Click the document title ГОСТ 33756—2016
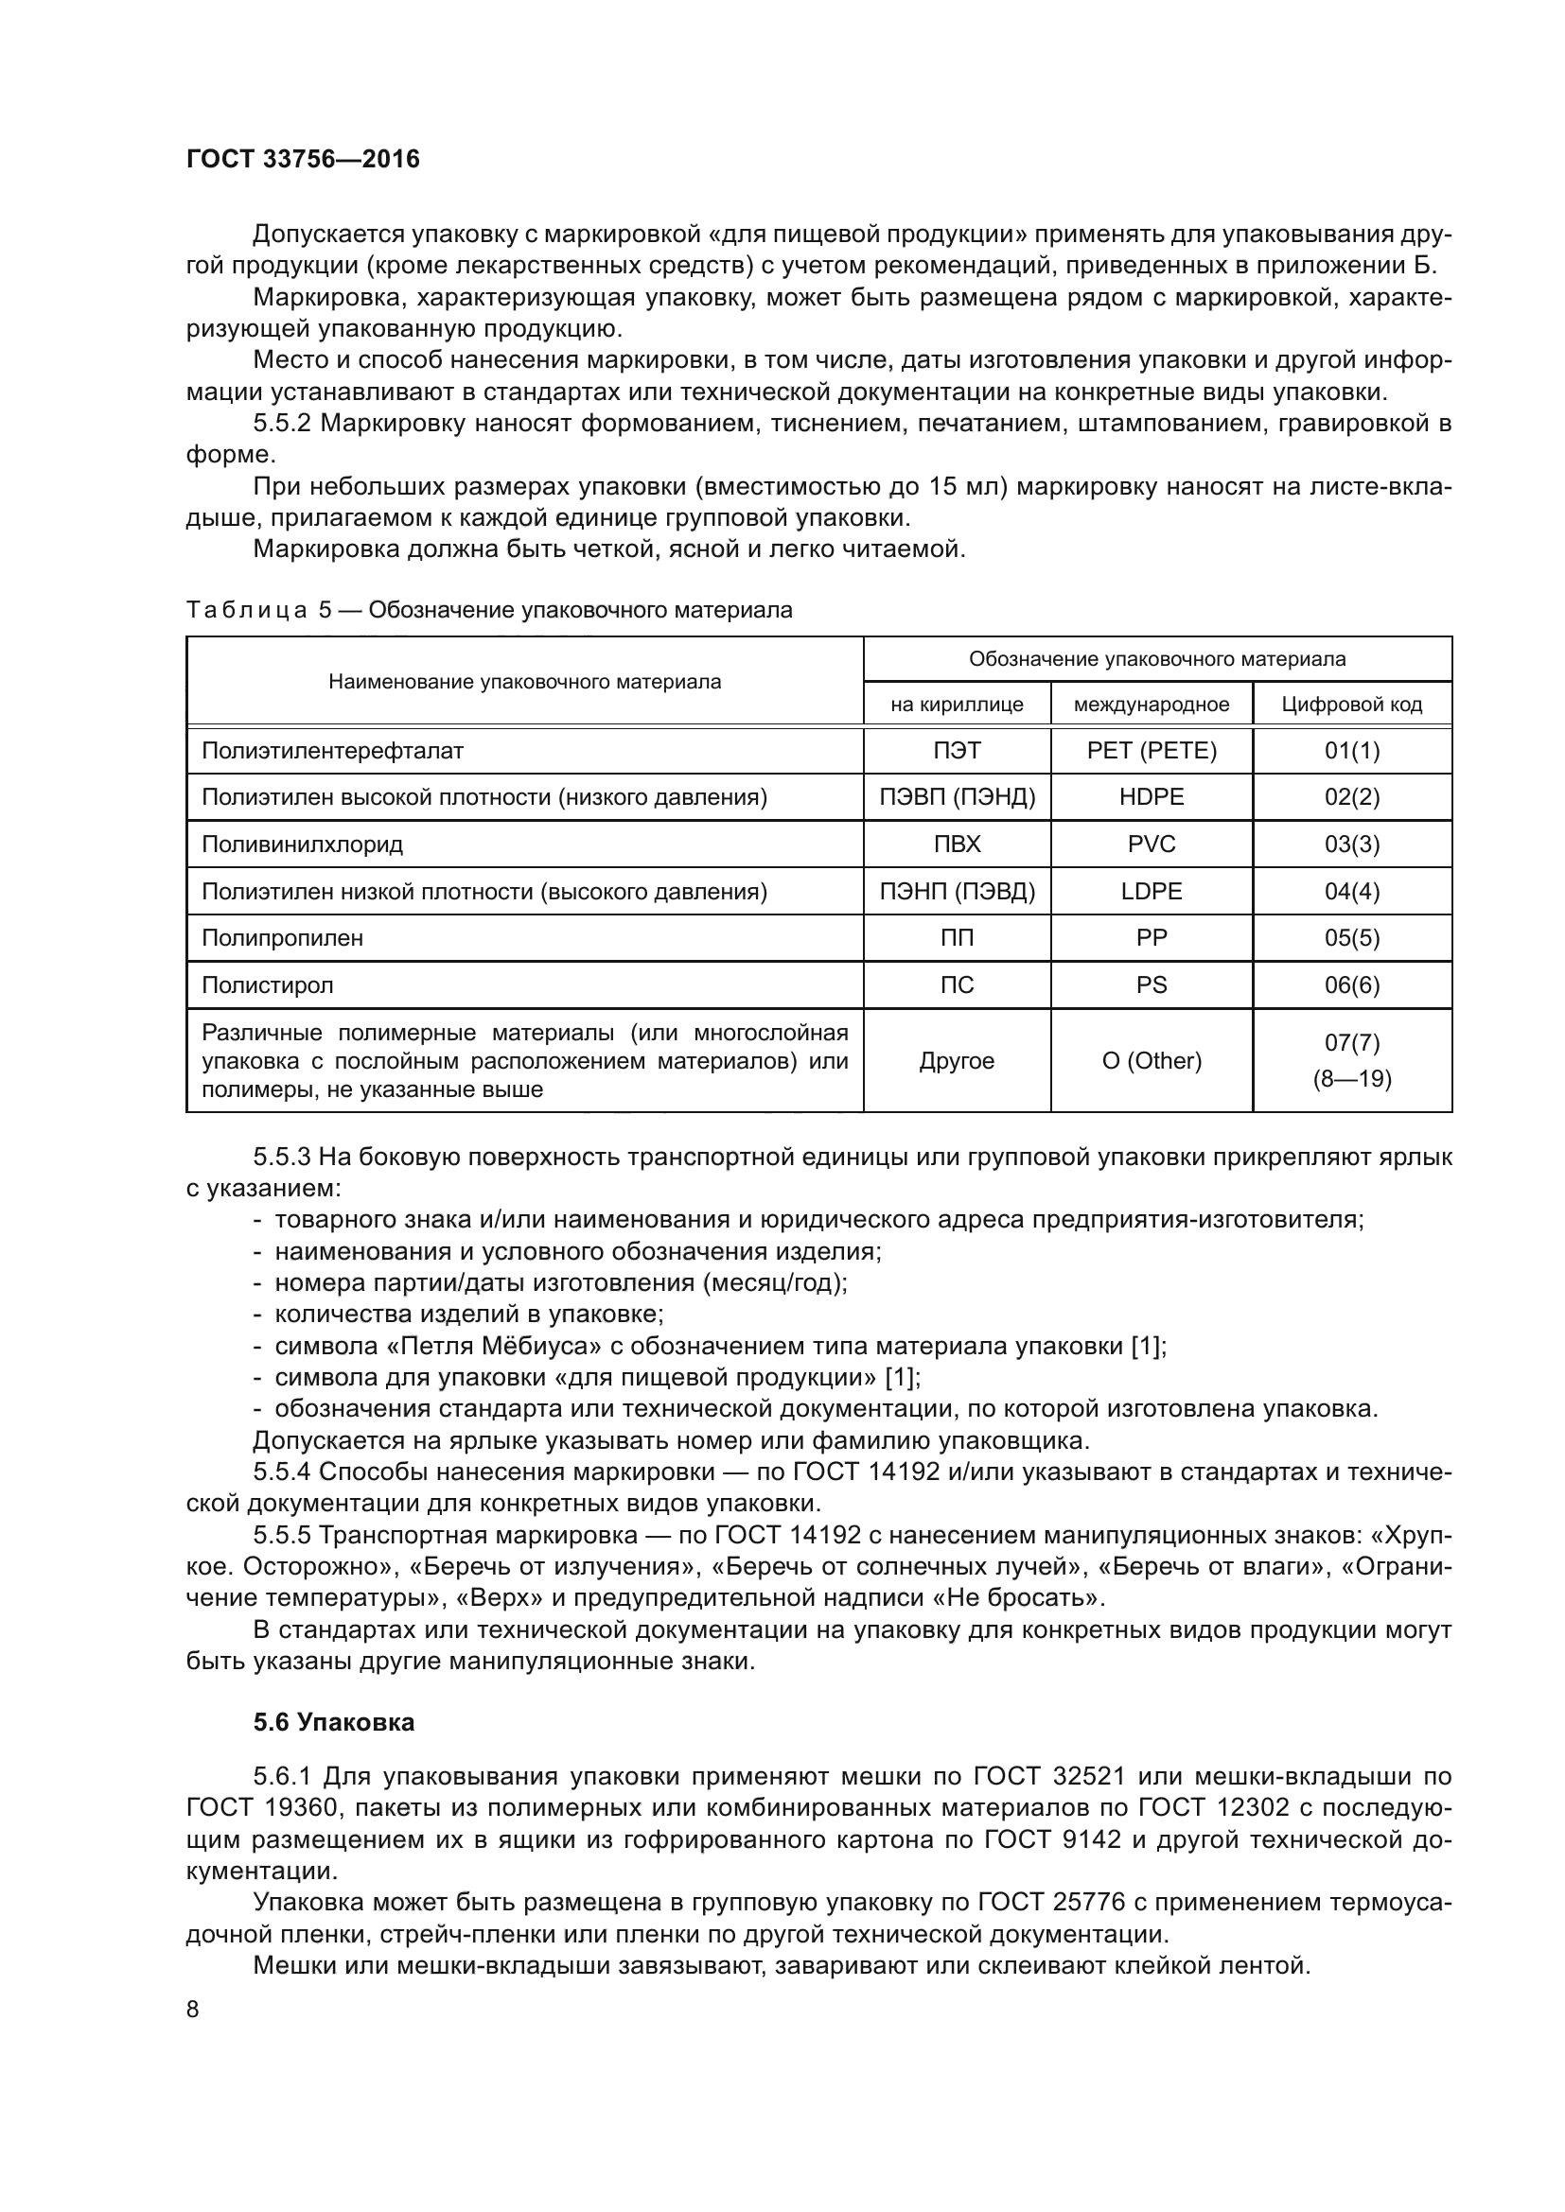pyautogui.click(x=303, y=159)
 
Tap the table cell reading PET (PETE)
pyautogui.click(x=1152, y=751)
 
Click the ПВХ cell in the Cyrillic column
pyautogui.click(x=957, y=845)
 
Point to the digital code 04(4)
pyautogui.click(x=1352, y=891)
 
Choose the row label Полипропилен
pyautogui.click(x=282, y=938)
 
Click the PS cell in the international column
pyautogui.click(x=1152, y=984)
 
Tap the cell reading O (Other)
pyautogui.click(x=1152, y=1061)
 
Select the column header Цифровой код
pyautogui.click(x=1352, y=705)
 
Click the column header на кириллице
pyautogui.click(x=957, y=705)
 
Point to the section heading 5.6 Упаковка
pyautogui.click(x=333, y=1722)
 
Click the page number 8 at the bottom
pyautogui.click(x=193, y=2010)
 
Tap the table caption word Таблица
pyautogui.click(x=247, y=610)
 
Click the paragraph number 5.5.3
pyautogui.click(x=282, y=1156)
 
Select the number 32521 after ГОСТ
pyautogui.click(x=1093, y=1776)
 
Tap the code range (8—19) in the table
pyautogui.click(x=1352, y=1079)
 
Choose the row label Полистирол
pyautogui.click(x=268, y=984)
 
